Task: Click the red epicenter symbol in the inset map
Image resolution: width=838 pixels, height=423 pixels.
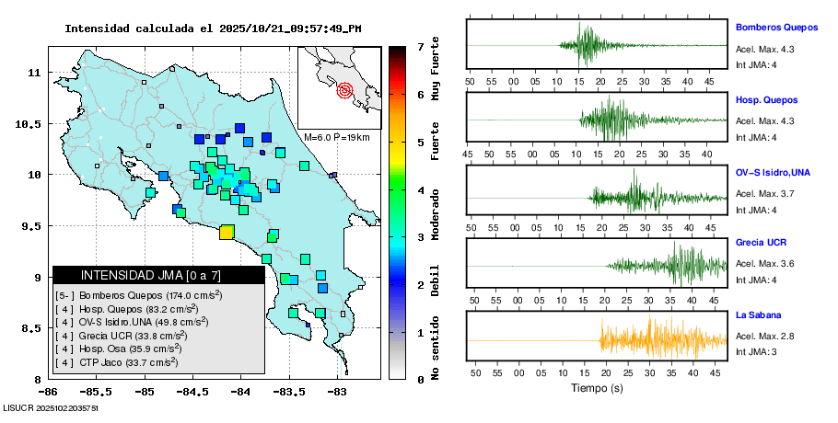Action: tap(345, 90)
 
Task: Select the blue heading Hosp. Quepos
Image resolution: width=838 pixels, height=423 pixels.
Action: tap(766, 99)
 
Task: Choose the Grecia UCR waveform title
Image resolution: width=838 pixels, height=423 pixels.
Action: tap(761, 243)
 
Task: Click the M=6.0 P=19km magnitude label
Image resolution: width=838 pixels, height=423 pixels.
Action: tap(336, 137)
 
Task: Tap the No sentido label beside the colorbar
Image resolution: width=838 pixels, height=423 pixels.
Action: tap(436, 349)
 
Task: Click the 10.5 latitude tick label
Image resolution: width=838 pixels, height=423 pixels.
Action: tap(33, 123)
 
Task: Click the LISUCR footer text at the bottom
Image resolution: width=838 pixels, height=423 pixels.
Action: tap(51, 406)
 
